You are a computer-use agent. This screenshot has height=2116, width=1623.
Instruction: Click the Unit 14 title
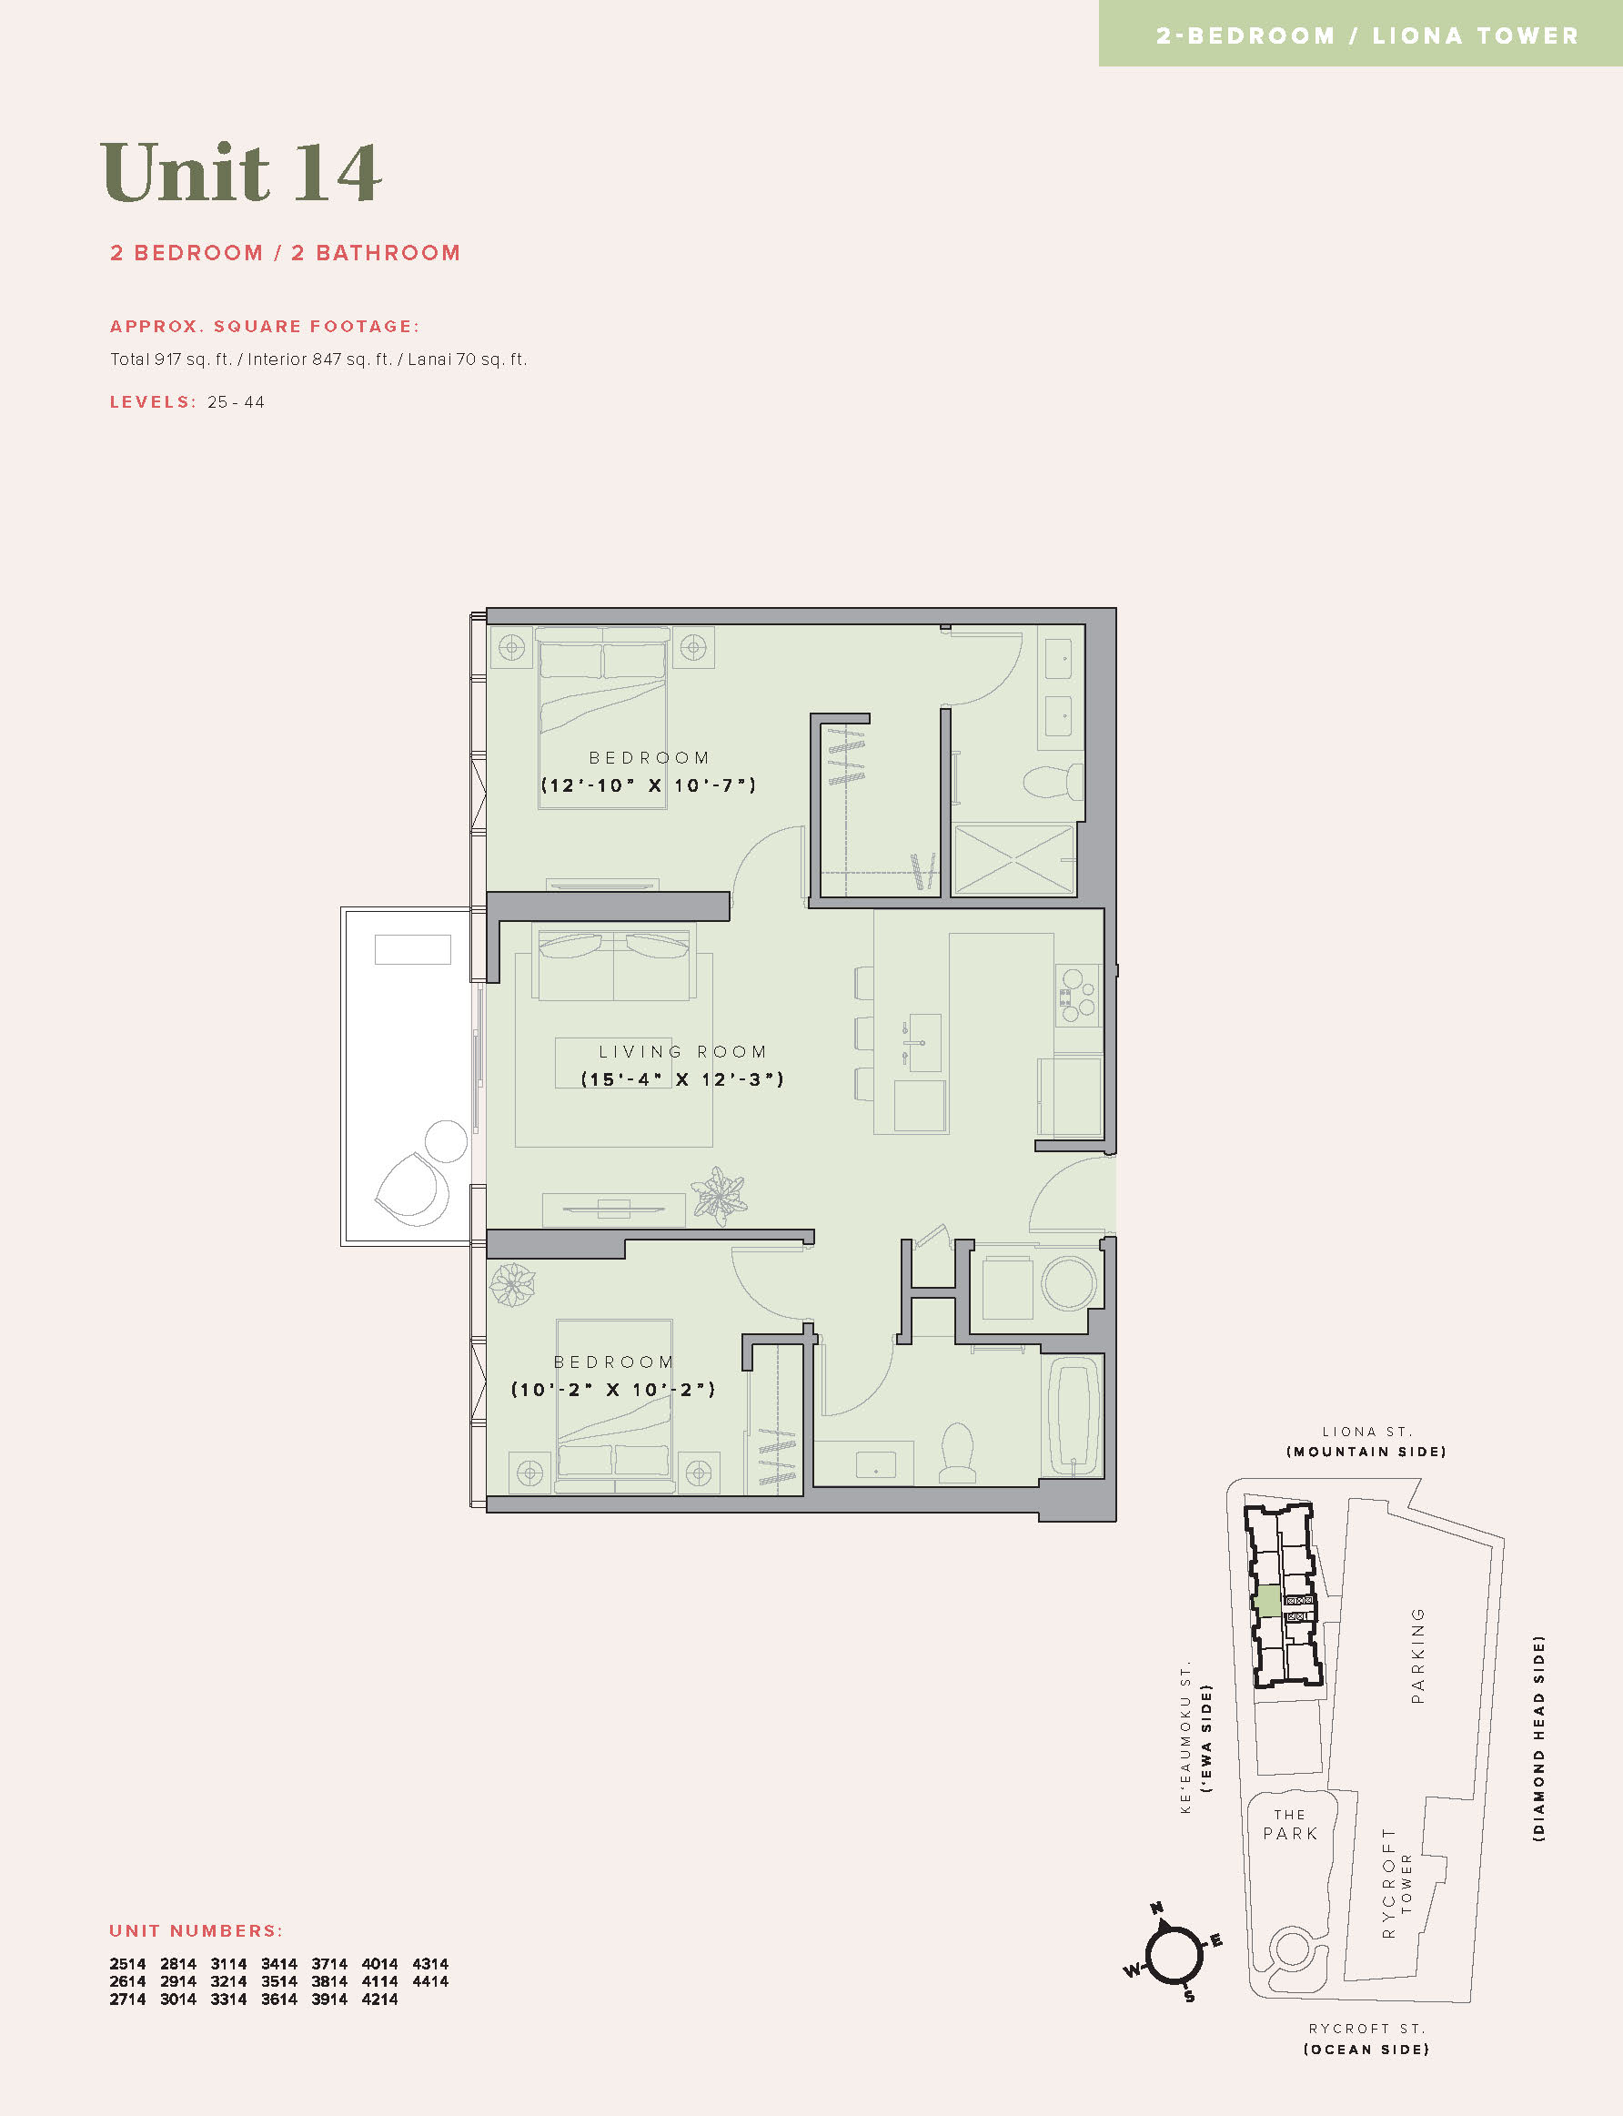tap(240, 172)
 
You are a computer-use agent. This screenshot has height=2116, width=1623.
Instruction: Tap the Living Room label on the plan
tap(682, 1051)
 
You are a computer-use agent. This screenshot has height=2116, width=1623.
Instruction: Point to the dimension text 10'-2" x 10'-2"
tap(613, 1390)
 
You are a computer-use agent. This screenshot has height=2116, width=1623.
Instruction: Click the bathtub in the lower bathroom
tap(1074, 1416)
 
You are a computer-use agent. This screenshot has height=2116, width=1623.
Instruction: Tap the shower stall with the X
tap(1013, 859)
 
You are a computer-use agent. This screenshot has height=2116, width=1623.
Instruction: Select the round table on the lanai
tap(447, 1141)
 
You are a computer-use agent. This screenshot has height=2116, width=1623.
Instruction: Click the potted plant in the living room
tap(719, 1194)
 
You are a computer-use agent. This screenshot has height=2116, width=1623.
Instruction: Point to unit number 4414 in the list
tap(430, 1981)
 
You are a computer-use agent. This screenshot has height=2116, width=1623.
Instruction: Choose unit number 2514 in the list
tap(127, 1964)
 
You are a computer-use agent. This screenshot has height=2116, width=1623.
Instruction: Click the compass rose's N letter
tap(1156, 1908)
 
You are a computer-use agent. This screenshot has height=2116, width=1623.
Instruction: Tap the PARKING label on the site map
tap(1417, 1655)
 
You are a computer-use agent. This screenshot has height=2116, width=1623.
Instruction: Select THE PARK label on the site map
tap(1290, 1824)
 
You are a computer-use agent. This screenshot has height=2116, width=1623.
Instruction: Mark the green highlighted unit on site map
tap(1267, 1601)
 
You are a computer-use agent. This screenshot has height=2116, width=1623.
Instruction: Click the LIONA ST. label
tap(1367, 1432)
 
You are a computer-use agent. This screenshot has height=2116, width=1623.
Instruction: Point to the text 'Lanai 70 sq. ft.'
tap(468, 359)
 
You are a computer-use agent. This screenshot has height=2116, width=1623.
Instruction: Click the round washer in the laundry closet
tap(1068, 1283)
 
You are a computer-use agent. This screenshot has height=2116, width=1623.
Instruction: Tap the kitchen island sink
tap(924, 1044)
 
